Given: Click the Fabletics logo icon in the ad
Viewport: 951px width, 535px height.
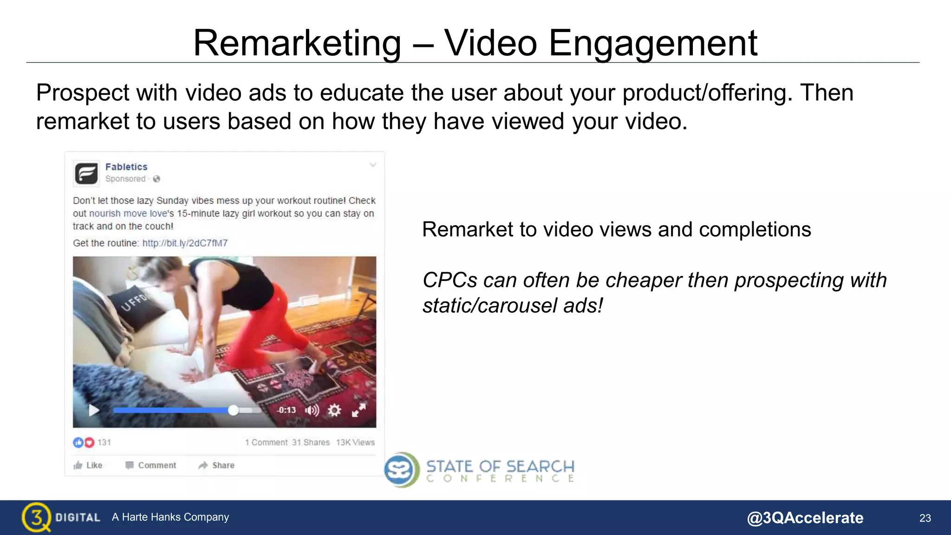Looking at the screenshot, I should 86,174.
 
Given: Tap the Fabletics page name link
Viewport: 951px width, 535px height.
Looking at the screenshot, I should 126,167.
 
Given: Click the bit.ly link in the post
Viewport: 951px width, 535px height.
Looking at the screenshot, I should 185,243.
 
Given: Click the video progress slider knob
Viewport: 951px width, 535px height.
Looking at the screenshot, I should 233,410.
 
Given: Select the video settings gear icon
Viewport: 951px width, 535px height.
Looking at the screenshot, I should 334,410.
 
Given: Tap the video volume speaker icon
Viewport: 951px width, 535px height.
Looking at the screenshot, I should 312,410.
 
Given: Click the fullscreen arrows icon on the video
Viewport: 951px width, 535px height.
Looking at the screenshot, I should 358,410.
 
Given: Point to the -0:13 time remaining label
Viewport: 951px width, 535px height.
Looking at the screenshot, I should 287,410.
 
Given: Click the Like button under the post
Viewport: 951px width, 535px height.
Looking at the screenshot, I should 88,465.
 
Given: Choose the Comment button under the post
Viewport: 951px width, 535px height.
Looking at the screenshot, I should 151,465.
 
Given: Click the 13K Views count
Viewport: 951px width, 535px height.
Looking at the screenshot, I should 355,443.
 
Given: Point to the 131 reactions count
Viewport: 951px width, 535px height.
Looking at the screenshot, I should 104,443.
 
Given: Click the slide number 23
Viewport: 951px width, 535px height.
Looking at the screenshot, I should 925,518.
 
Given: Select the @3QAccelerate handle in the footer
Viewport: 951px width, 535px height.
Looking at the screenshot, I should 805,518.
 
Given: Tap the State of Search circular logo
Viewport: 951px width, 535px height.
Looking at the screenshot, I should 401,470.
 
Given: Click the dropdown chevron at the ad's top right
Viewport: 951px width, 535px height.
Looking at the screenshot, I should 373,165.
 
